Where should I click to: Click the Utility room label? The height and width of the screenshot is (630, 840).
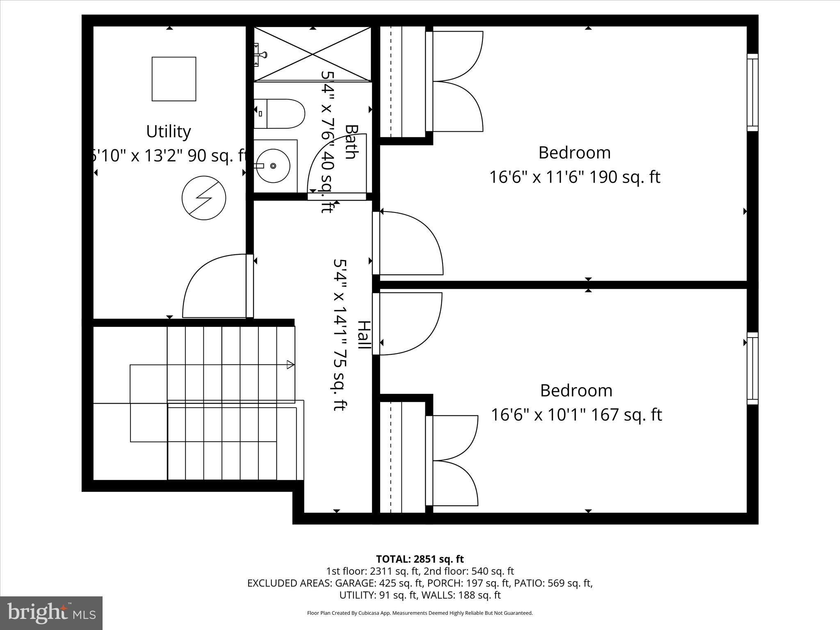pyautogui.click(x=169, y=132)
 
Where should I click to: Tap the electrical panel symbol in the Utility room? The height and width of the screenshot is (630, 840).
pyautogui.click(x=204, y=198)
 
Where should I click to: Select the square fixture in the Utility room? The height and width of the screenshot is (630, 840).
pyautogui.click(x=174, y=79)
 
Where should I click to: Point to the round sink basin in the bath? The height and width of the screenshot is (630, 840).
pyautogui.click(x=273, y=166)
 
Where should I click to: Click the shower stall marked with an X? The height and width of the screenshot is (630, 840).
pyautogui.click(x=313, y=54)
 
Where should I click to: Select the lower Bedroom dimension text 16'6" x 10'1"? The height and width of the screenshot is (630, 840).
pyautogui.click(x=576, y=415)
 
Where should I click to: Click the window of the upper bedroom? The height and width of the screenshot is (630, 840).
pyautogui.click(x=752, y=92)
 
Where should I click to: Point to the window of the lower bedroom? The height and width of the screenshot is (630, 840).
pyautogui.click(x=752, y=368)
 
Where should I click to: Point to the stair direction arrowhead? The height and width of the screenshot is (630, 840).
pyautogui.click(x=290, y=364)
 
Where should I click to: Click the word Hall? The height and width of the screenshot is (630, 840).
pyautogui.click(x=363, y=335)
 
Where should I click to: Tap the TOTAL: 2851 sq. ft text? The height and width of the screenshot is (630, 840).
pyautogui.click(x=420, y=559)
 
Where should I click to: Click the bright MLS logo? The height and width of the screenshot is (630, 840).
pyautogui.click(x=51, y=613)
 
